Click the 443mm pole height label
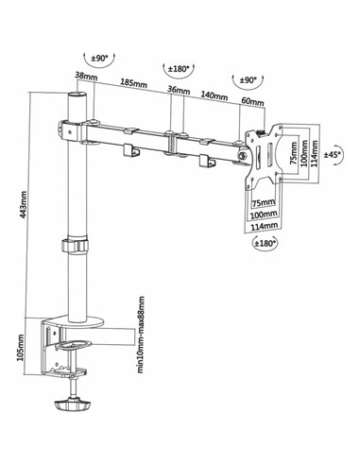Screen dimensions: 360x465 (23, 204)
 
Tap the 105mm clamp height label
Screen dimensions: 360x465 (20, 348)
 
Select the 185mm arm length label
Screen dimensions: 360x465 (133, 83)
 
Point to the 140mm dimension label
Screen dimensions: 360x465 (214, 95)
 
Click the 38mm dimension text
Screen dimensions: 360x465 (86, 76)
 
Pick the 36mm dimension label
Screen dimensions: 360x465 (179, 90)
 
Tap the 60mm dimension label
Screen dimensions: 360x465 (252, 101)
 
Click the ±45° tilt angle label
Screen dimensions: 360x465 (333, 154)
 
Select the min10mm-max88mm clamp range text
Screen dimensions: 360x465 (141, 335)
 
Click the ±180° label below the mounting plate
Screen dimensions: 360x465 (266, 243)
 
